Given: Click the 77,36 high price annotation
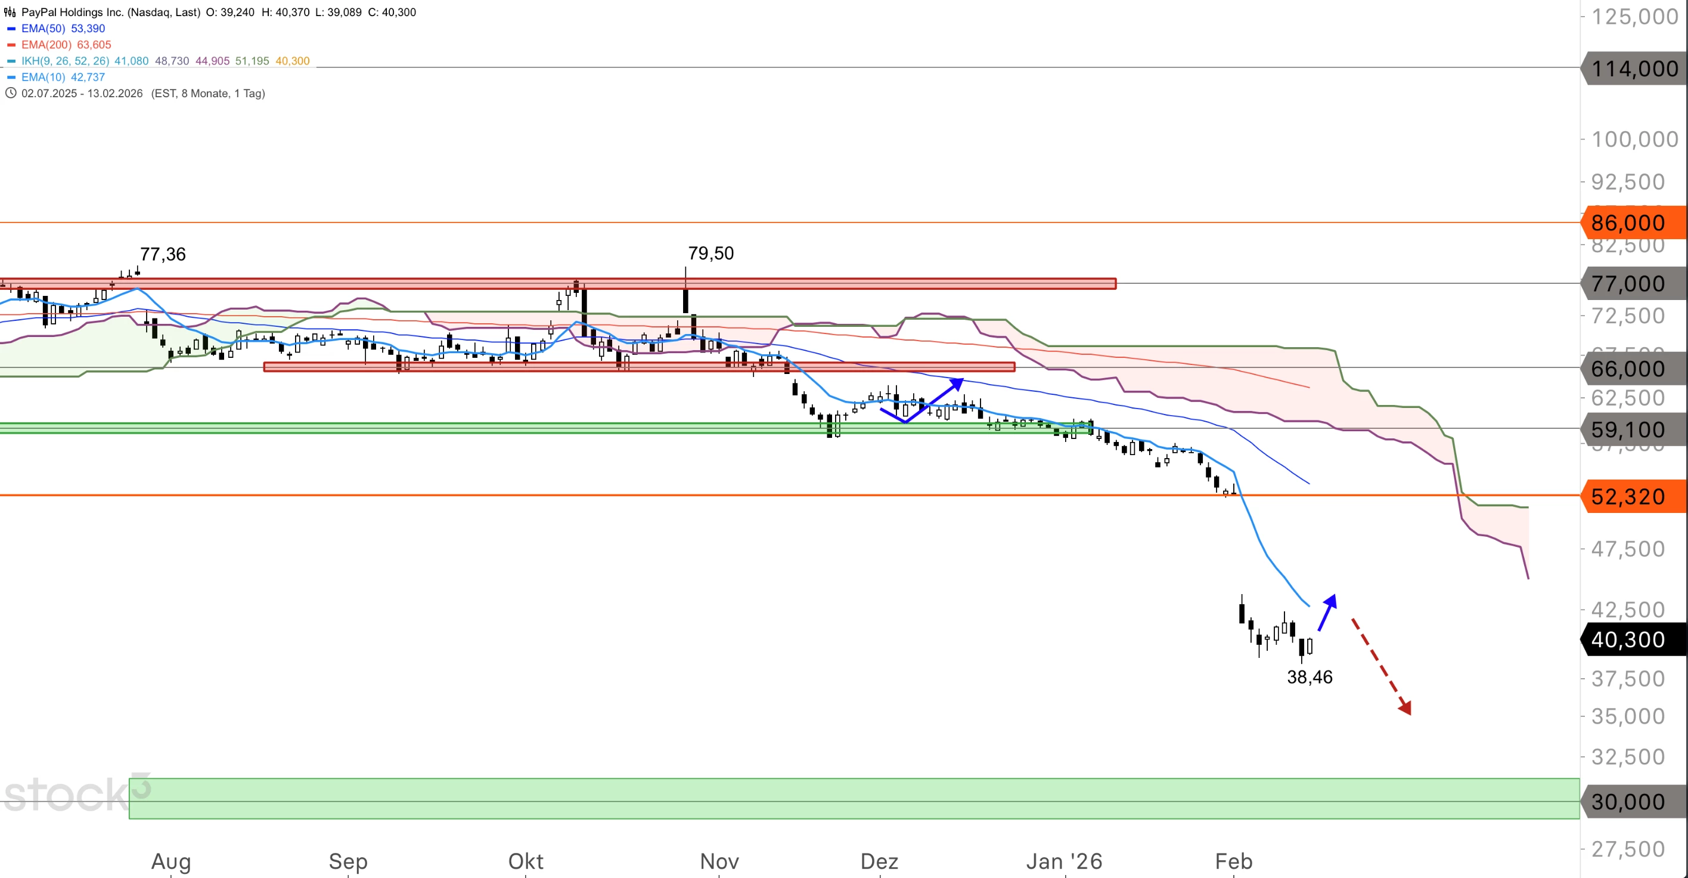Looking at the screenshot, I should [x=163, y=255].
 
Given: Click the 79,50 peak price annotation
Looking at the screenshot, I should [x=710, y=253].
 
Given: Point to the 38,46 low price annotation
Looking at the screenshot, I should [x=1310, y=677].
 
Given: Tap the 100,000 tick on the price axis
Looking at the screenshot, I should [x=1634, y=139].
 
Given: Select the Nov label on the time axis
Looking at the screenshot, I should [x=719, y=861].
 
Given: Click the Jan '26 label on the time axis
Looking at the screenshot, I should [x=1063, y=861].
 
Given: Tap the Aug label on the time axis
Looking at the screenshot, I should [x=171, y=861].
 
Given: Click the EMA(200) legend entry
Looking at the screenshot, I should [x=66, y=45].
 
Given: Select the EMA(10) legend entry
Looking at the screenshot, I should [x=62, y=78].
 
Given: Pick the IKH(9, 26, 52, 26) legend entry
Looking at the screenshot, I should [x=65, y=61].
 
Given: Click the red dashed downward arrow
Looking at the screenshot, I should [x=1380, y=666].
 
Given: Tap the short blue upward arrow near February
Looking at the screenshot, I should [x=1327, y=613].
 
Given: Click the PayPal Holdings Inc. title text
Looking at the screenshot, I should [x=110, y=13].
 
